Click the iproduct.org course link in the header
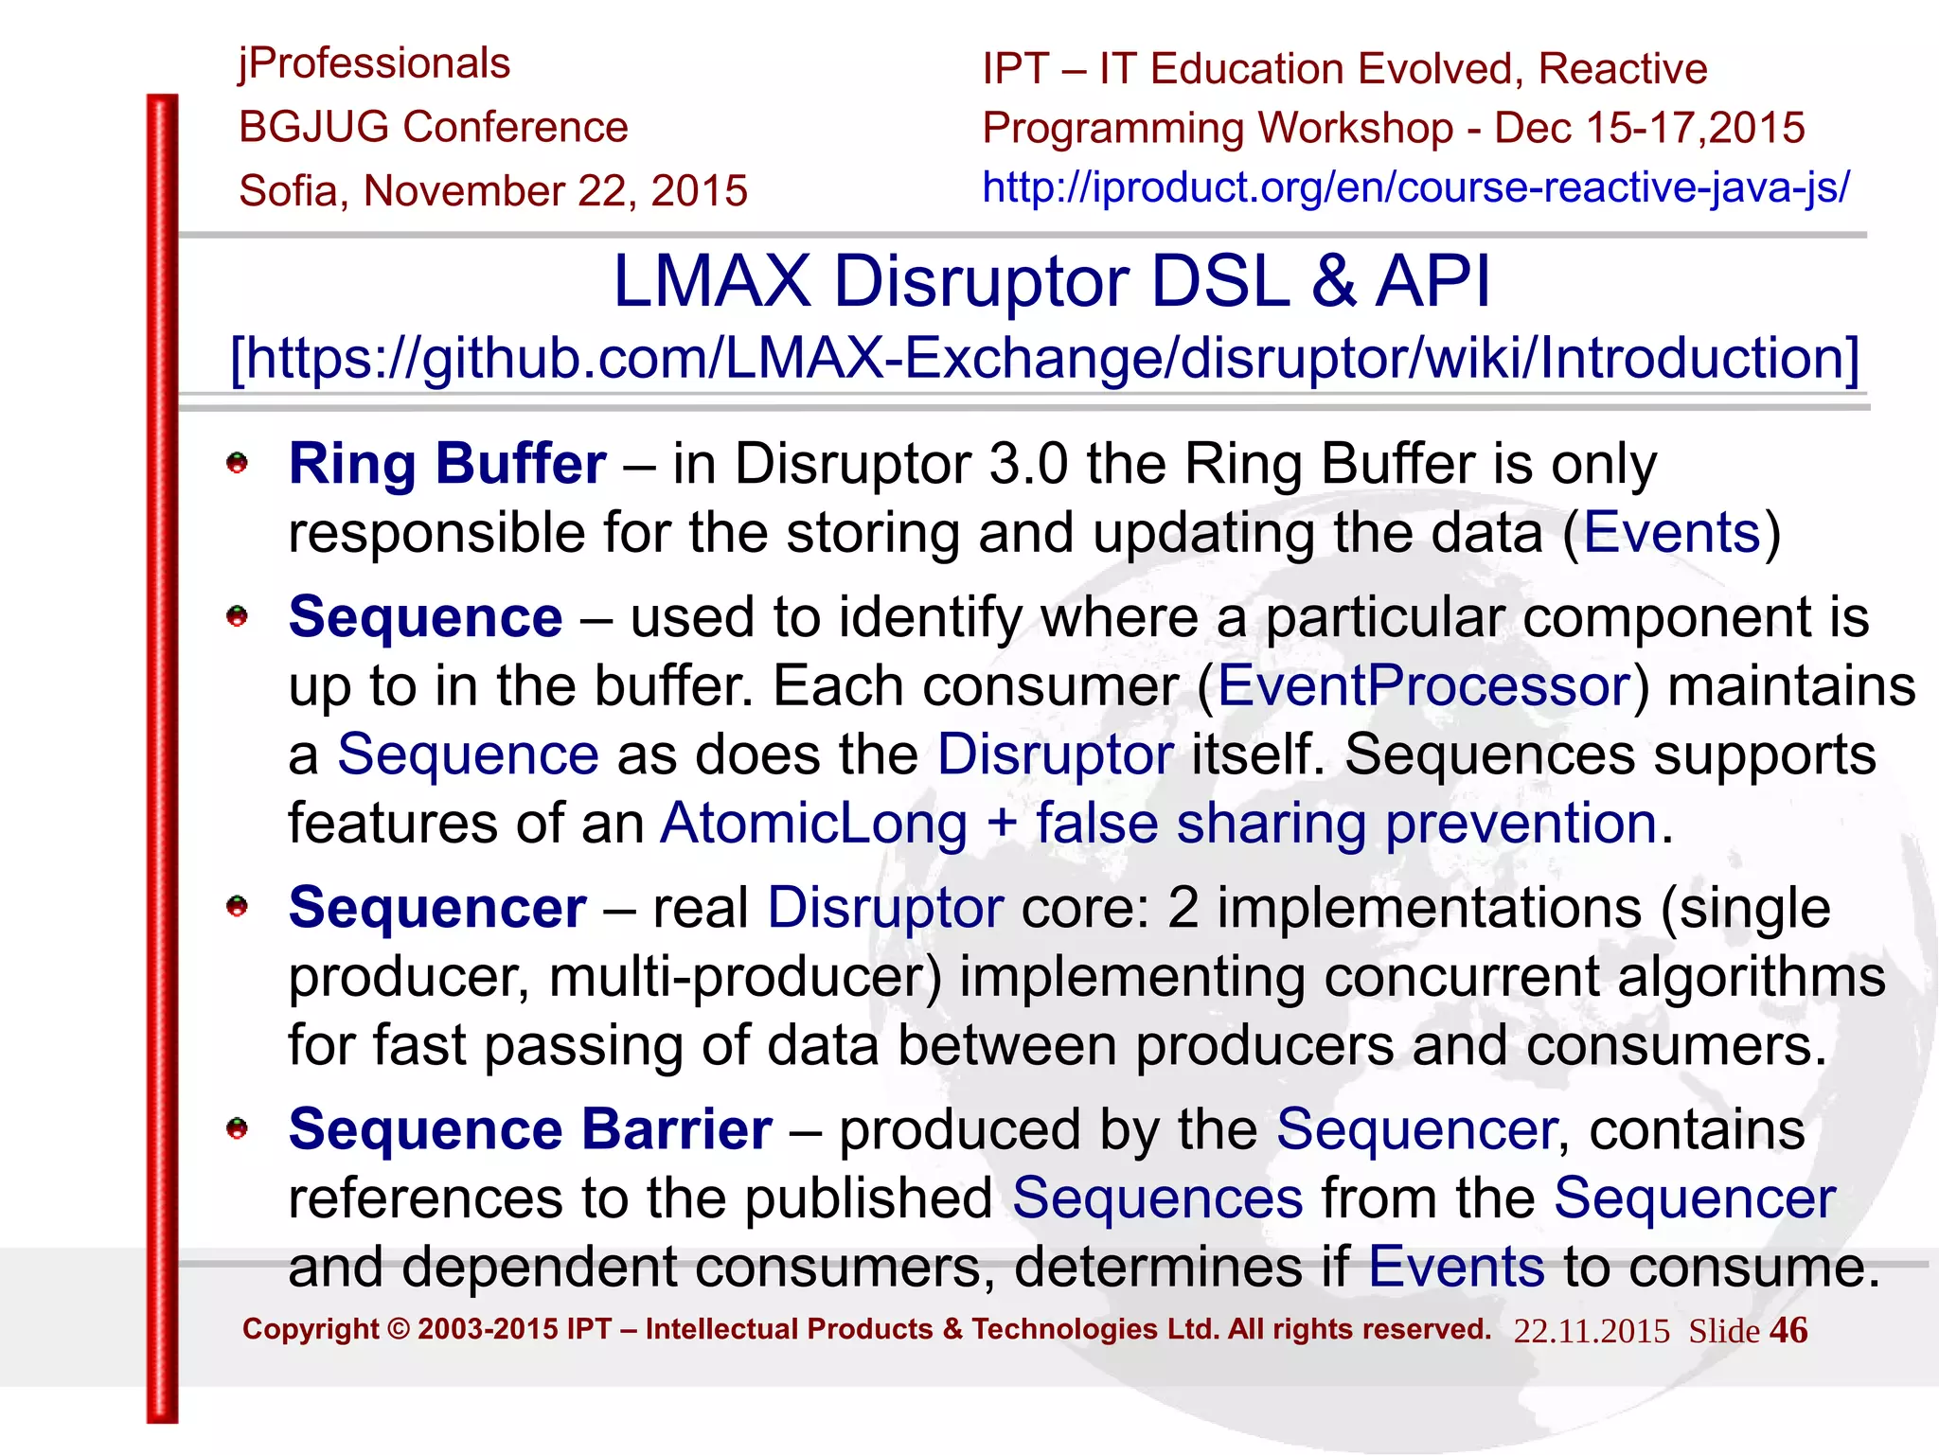tap(1415, 187)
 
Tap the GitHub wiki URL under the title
tap(1045, 359)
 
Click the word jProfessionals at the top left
tap(374, 64)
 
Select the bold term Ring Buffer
tap(447, 464)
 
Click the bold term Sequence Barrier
tap(530, 1129)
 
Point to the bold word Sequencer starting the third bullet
tap(437, 908)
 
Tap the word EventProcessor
tap(1423, 685)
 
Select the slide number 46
tap(1788, 1330)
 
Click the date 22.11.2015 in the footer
tap(1591, 1331)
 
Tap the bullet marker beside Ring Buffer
tap(237, 464)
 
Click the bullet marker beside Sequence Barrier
tap(237, 1128)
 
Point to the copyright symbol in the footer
tap(399, 1329)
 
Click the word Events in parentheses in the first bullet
tap(1671, 532)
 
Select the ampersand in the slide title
tap(1333, 282)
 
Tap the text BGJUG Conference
tap(434, 127)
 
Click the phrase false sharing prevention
tap(1345, 823)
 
